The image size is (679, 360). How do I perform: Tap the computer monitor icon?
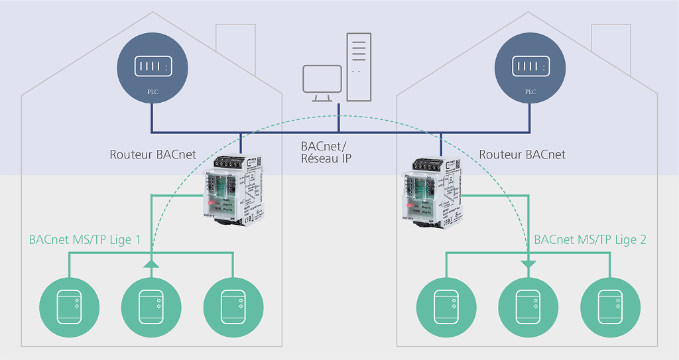tap(322, 83)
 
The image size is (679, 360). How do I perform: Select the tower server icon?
tap(358, 67)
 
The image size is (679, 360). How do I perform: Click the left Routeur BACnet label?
tap(153, 155)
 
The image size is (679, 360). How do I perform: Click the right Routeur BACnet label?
tap(523, 155)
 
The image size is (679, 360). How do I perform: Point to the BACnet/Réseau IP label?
tap(326, 152)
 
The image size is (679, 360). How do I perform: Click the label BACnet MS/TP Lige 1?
tap(85, 239)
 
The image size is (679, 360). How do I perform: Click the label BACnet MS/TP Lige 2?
tap(590, 239)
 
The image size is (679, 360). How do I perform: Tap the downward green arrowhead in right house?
tap(528, 265)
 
